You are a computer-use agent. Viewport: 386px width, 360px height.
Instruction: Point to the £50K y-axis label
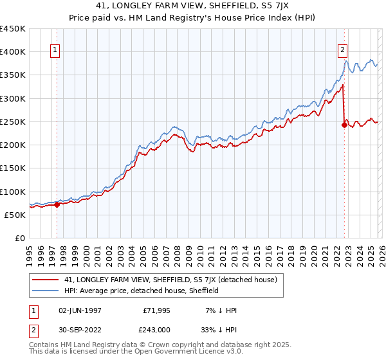pyautogui.click(x=14, y=215)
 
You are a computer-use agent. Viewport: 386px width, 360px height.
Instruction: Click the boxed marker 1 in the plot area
pyautogui.click(x=55, y=51)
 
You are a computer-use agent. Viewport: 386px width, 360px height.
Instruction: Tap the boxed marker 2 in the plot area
pyautogui.click(x=343, y=51)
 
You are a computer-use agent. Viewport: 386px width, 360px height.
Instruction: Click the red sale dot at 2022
pyautogui.click(x=344, y=125)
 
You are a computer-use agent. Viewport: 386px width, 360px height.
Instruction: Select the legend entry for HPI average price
pyautogui.click(x=142, y=291)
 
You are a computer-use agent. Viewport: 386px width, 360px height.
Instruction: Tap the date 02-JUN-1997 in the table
pyautogui.click(x=80, y=310)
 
